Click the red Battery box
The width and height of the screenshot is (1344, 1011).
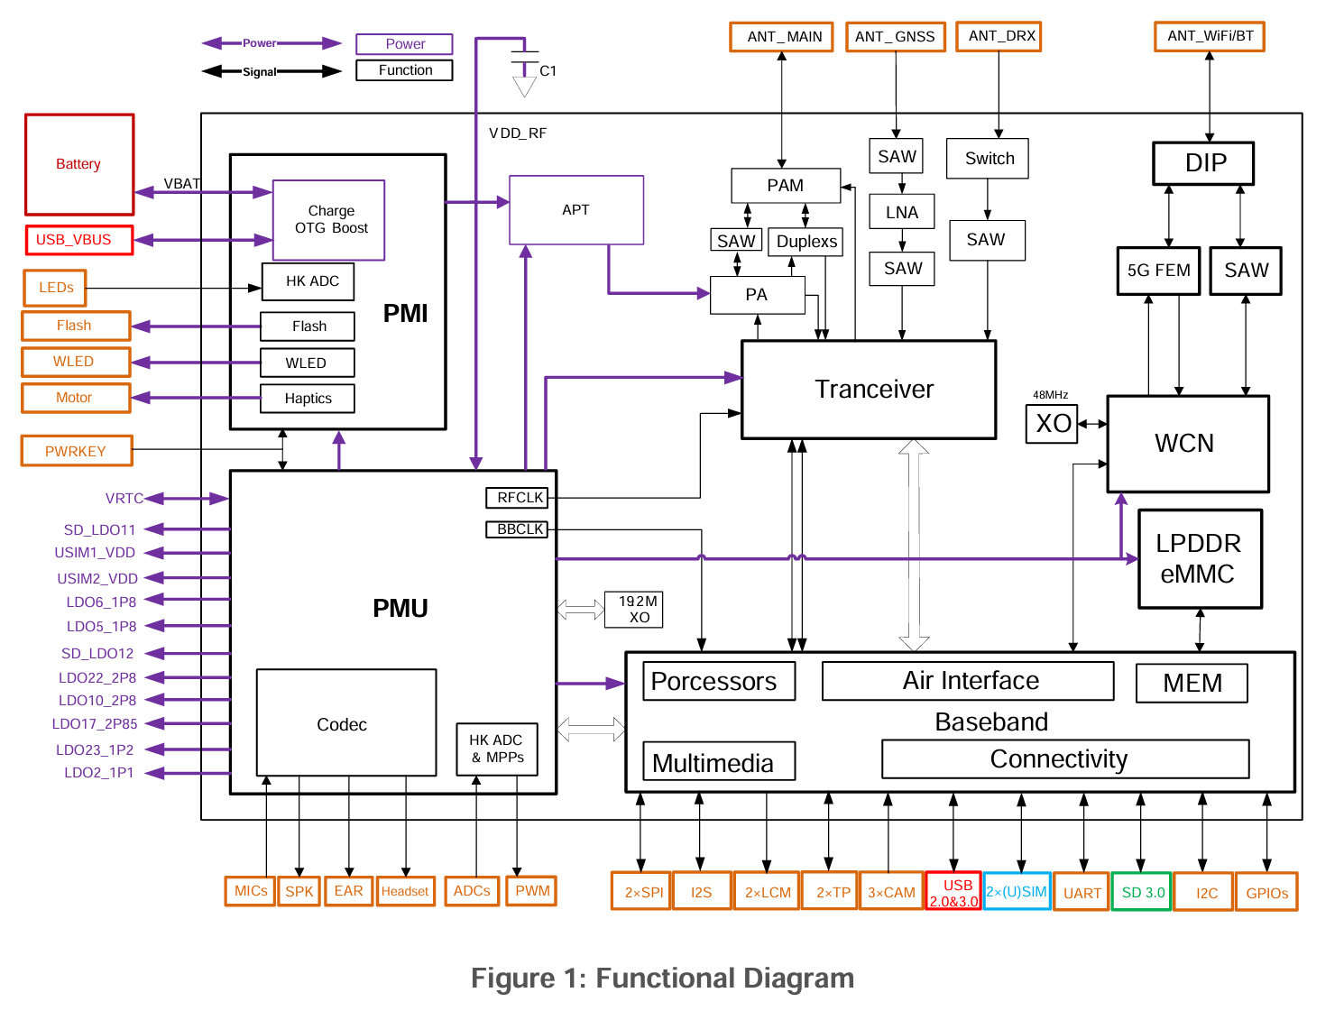point(79,164)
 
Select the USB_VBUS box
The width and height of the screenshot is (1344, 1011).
point(79,240)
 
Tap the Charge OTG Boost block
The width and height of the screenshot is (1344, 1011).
point(329,220)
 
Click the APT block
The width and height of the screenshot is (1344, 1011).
point(576,210)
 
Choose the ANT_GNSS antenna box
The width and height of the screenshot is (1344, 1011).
point(895,37)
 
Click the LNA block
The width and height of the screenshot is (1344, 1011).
point(902,213)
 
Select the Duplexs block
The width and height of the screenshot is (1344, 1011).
point(806,242)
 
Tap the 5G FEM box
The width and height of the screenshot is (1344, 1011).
point(1158,271)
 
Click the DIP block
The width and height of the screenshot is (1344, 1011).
point(1204,163)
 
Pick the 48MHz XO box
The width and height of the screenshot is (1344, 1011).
point(1052,424)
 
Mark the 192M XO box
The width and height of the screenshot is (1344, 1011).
point(638,610)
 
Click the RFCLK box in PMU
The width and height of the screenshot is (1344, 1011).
point(520,498)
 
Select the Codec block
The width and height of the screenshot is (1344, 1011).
point(346,723)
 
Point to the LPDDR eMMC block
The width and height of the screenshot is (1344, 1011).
point(1199,559)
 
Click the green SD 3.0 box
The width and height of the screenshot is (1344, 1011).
point(1142,892)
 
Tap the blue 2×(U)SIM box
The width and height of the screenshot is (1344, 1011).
point(1017,892)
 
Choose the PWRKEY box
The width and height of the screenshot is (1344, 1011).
point(77,451)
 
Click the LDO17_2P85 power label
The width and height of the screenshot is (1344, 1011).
point(95,723)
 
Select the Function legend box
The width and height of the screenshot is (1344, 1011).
point(404,70)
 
